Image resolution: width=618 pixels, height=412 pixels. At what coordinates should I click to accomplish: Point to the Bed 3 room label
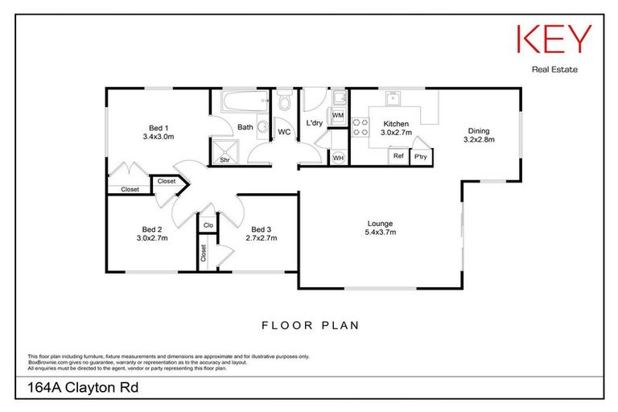262,233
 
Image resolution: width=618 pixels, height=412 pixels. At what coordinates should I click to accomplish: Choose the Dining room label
479,135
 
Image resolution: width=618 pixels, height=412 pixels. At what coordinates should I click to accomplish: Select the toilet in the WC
284,101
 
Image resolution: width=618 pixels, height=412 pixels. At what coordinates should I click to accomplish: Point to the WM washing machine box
338,117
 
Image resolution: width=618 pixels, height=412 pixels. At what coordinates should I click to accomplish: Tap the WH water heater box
338,158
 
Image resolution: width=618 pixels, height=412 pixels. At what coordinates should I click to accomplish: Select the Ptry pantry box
421,157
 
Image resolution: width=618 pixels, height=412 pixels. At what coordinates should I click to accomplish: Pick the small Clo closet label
208,225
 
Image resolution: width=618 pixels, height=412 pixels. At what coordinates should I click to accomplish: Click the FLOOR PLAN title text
309,326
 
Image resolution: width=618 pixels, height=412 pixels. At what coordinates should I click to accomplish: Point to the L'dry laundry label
315,123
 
